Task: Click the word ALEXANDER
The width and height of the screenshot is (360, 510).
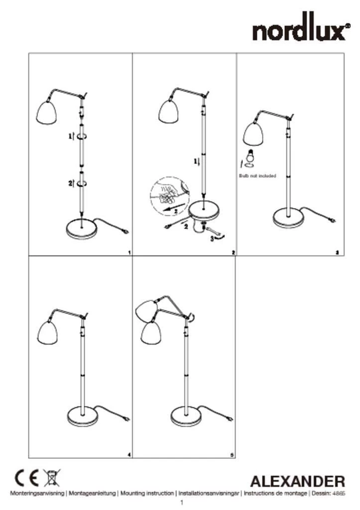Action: [x=297, y=481]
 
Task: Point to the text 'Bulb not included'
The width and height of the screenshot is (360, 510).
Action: [x=257, y=176]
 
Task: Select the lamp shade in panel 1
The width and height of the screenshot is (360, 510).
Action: [x=46, y=112]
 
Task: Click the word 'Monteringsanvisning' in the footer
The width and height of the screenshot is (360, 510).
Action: [x=37, y=493]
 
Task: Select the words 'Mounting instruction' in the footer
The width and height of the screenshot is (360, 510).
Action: [x=147, y=493]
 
